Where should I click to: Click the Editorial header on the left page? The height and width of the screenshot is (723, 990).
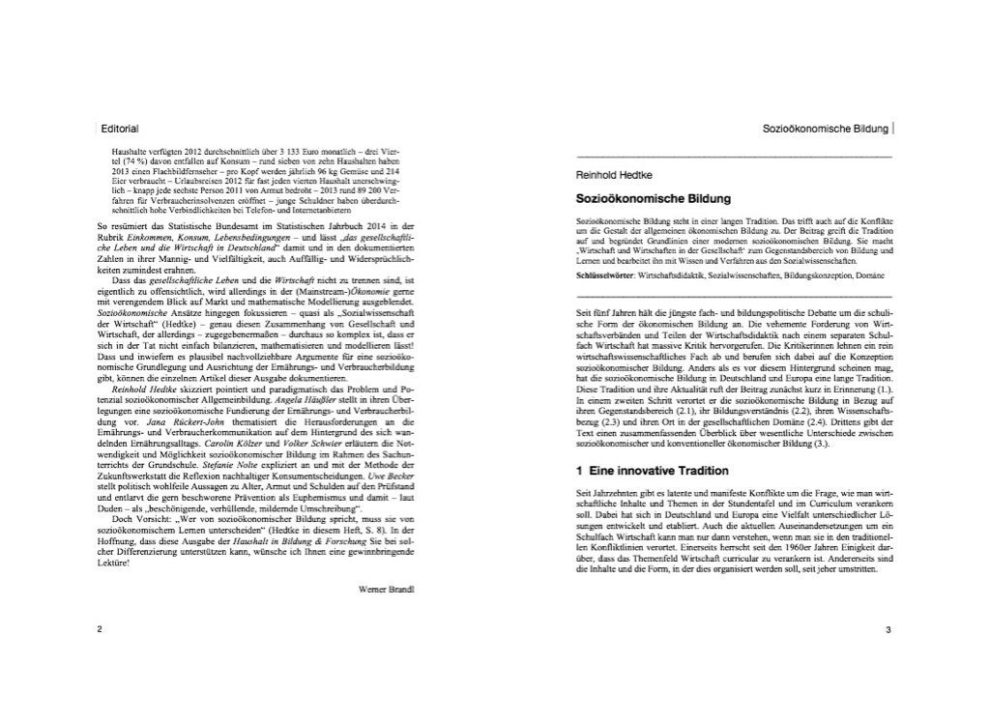coord(120,128)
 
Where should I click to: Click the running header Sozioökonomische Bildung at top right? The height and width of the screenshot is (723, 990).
coord(827,128)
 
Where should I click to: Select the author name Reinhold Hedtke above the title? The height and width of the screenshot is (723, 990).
coord(610,176)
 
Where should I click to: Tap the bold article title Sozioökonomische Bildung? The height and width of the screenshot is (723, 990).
coord(653,198)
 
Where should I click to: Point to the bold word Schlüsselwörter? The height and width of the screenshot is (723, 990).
coord(600,275)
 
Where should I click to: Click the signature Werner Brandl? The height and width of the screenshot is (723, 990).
coord(386,588)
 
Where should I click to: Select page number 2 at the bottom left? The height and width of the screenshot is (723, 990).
coord(100,630)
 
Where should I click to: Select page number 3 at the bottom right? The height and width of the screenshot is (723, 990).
coord(888,630)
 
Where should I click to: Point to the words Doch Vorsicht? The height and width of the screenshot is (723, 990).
coord(143,520)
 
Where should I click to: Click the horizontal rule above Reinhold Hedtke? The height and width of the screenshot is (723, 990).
coord(733,157)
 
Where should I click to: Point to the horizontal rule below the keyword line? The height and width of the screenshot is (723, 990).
coord(733,296)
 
